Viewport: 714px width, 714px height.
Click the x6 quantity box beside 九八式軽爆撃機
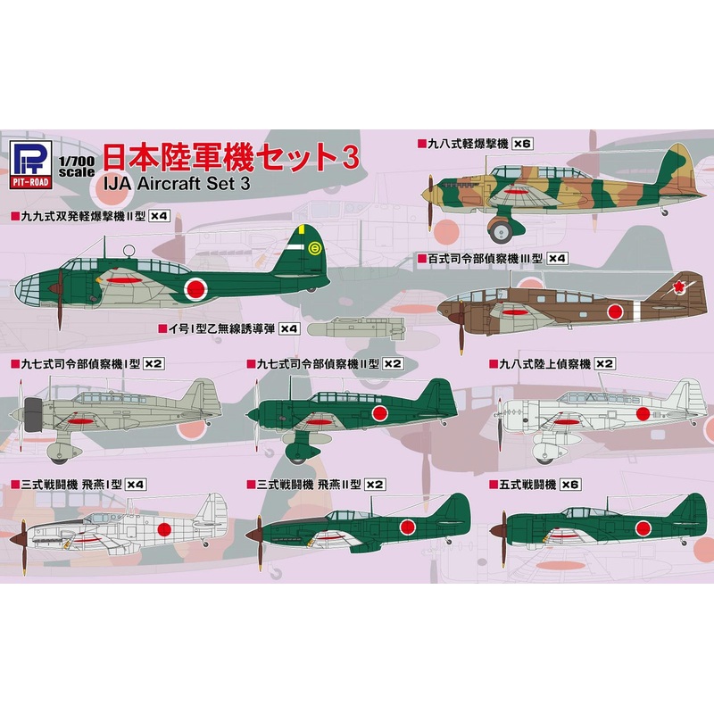[522, 143]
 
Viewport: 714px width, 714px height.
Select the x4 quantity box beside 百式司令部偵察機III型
[557, 258]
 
